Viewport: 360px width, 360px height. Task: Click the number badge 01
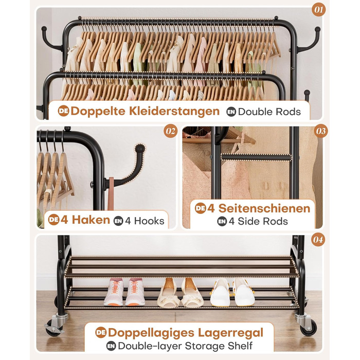coord(319,10)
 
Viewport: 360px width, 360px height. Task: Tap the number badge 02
coord(170,131)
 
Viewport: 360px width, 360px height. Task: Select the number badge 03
coord(321,131)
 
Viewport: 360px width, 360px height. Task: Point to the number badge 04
coord(318,240)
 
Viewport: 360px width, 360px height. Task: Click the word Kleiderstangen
coord(174,111)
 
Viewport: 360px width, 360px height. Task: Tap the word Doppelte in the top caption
coord(98,112)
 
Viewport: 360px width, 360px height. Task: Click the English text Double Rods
coord(269,112)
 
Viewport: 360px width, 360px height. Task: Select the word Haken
coord(91,220)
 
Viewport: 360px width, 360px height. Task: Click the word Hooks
coord(149,221)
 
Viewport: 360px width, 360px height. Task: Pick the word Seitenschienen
coord(264,208)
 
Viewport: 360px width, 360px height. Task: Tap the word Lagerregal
coord(230,333)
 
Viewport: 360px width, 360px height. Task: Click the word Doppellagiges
coord(151,333)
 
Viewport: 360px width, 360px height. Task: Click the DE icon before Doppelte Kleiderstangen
coord(63,111)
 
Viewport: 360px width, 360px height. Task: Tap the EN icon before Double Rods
coord(231,112)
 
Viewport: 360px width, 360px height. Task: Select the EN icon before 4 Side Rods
coord(222,221)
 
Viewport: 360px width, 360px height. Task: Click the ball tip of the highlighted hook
coord(140,148)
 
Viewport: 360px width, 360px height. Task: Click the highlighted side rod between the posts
coord(256,157)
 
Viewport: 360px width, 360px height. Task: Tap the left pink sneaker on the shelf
coord(114,292)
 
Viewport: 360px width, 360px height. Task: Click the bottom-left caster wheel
coord(55,327)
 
